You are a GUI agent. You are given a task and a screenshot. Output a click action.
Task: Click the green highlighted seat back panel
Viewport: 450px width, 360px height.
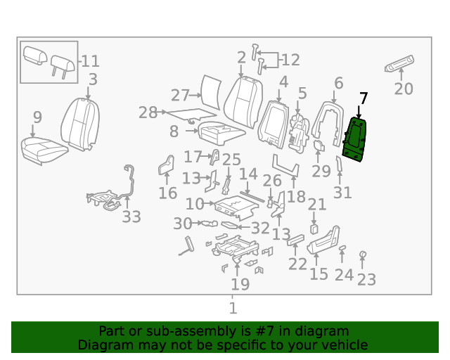pyautogui.click(x=356, y=139)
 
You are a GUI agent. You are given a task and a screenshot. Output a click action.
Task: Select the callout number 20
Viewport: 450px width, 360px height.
pyautogui.click(x=404, y=89)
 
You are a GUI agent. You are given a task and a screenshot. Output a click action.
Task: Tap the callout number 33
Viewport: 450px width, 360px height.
pyautogui.click(x=131, y=217)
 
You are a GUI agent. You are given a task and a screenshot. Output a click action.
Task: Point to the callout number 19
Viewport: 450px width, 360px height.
pyautogui.click(x=240, y=284)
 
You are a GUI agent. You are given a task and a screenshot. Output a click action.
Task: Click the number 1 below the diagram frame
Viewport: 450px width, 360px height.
pyautogui.click(x=233, y=307)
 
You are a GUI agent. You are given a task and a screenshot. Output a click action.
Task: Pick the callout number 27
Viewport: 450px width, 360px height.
pyautogui.click(x=181, y=96)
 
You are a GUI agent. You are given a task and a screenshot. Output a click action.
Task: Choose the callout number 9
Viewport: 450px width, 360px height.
pyautogui.click(x=37, y=117)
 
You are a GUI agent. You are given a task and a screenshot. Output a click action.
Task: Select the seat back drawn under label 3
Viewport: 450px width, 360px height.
pyautogui.click(x=79, y=124)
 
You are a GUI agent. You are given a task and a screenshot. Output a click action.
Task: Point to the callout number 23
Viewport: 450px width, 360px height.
pyautogui.click(x=366, y=280)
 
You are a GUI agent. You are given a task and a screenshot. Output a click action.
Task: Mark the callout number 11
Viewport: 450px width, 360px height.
pyautogui.click(x=91, y=61)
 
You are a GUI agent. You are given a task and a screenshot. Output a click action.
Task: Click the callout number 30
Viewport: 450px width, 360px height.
pyautogui.click(x=182, y=224)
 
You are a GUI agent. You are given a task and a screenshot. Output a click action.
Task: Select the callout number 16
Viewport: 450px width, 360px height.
pyautogui.click(x=167, y=193)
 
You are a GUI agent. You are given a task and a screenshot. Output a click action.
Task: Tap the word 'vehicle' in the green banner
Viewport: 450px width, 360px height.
pyautogui.click(x=344, y=345)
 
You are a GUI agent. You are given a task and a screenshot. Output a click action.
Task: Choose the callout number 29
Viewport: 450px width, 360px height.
pyautogui.click(x=321, y=171)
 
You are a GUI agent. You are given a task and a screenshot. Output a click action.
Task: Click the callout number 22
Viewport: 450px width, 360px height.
pyautogui.click(x=298, y=264)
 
